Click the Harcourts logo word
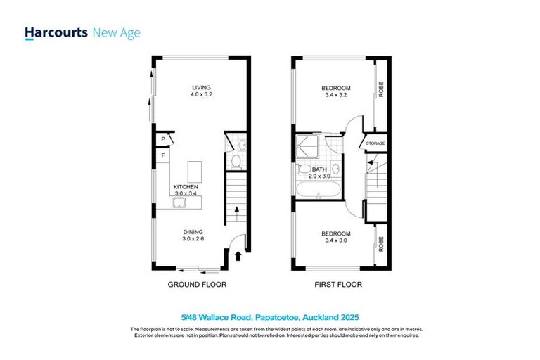pyautogui.click(x=56, y=33)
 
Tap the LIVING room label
pyautogui.click(x=202, y=89)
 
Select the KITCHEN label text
pyautogui.click(x=186, y=186)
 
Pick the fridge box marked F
pyautogui.click(x=162, y=155)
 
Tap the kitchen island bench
pyautogui.click(x=194, y=171)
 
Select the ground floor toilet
pyautogui.click(x=237, y=162)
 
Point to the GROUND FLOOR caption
pyautogui.click(x=196, y=285)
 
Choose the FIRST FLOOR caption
pyautogui.click(x=337, y=285)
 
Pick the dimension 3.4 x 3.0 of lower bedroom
pyautogui.click(x=336, y=241)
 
